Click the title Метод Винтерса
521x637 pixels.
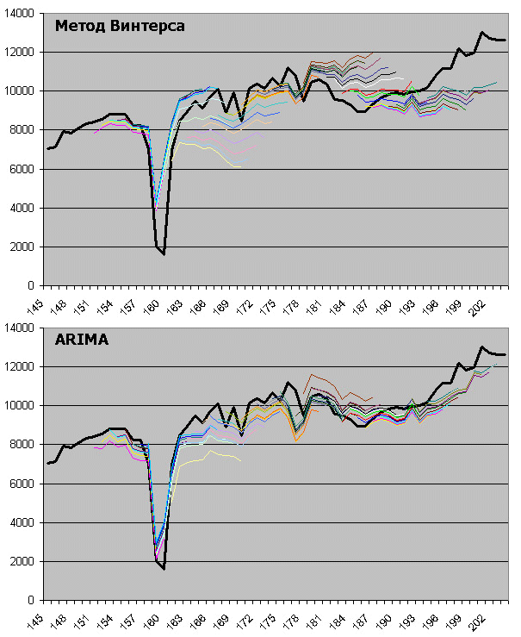[120, 26]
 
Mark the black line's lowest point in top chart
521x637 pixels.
[164, 254]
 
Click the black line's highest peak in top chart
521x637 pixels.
[481, 33]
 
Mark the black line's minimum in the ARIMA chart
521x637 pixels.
[164, 569]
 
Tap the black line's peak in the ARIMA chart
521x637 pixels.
[481, 347]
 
